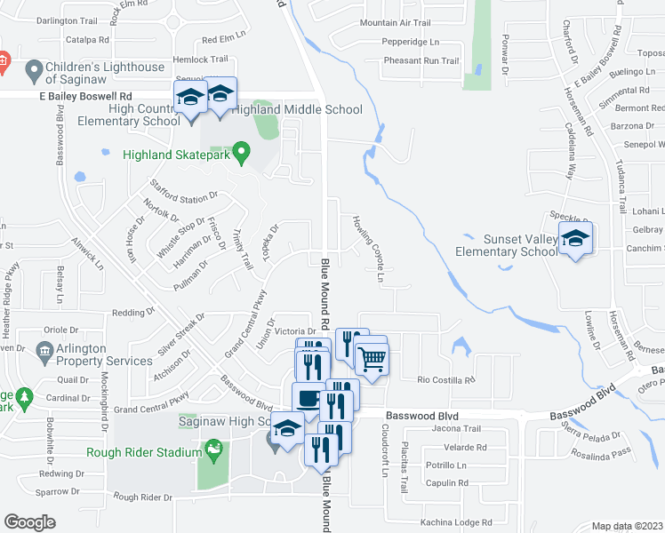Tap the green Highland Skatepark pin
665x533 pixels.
point(239,155)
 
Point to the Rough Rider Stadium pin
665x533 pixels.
point(213,453)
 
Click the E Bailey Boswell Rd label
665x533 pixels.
point(84,96)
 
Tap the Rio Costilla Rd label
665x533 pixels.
point(447,379)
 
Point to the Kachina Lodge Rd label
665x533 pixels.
point(456,521)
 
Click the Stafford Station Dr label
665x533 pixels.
point(184,196)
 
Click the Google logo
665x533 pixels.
point(30,522)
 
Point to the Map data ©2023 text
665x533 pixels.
point(627,526)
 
